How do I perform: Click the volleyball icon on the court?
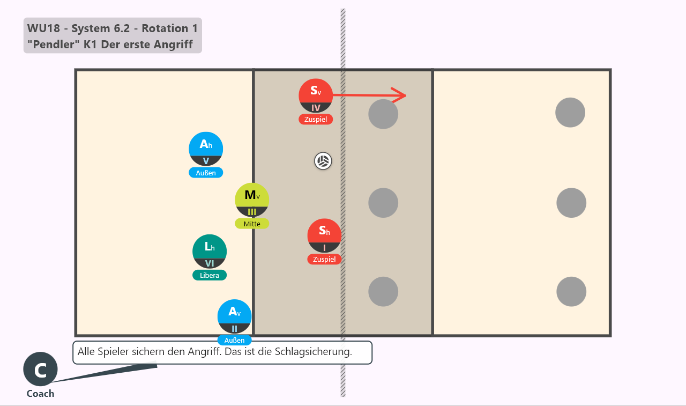click(x=323, y=161)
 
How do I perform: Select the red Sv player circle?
click(x=316, y=96)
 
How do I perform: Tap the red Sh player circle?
click(x=324, y=235)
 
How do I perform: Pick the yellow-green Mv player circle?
click(x=252, y=200)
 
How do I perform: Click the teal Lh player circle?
click(x=210, y=252)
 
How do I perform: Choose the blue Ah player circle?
click(x=206, y=149)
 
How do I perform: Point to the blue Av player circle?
click(x=235, y=316)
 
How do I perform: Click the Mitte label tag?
click(x=252, y=224)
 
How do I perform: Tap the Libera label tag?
click(x=210, y=275)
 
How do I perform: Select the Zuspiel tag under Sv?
click(x=316, y=119)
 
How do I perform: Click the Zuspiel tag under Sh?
click(x=324, y=259)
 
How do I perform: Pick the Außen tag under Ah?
click(x=206, y=173)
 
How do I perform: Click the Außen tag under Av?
click(x=235, y=340)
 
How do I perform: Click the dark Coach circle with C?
click(x=40, y=369)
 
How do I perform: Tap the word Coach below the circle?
click(x=40, y=394)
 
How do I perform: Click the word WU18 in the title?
click(x=43, y=28)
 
